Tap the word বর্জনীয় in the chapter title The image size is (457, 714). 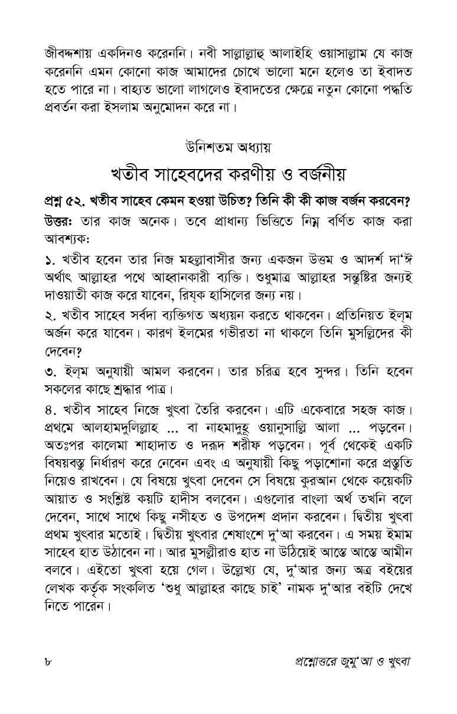[x=312, y=176]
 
